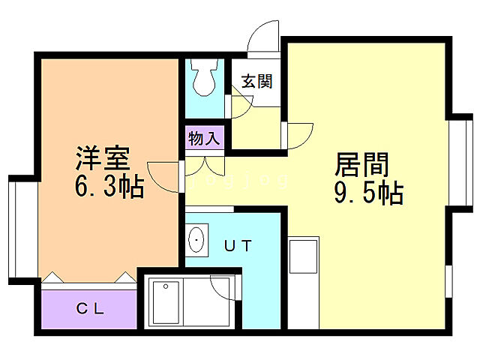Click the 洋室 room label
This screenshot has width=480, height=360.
(x=103, y=158)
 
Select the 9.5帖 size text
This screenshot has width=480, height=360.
(x=368, y=193)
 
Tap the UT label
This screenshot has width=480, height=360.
(x=241, y=245)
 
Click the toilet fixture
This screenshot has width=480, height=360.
(x=204, y=76)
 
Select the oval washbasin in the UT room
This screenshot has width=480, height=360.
(x=197, y=239)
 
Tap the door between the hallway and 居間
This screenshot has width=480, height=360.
(x=301, y=136)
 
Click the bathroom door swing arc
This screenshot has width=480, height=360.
(x=223, y=289)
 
